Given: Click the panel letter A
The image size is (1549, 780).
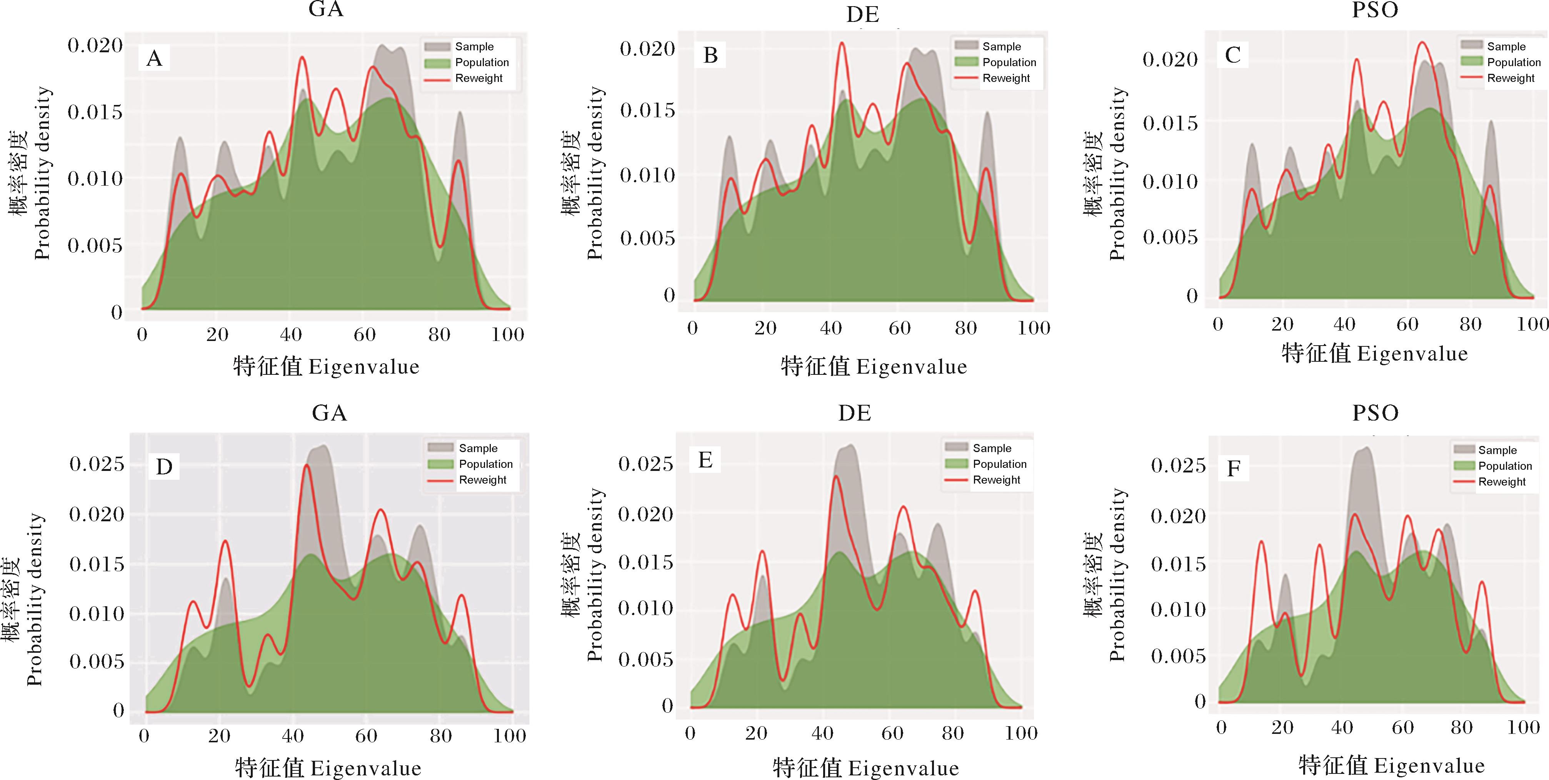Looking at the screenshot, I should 155,58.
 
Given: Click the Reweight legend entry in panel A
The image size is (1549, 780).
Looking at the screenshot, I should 479,78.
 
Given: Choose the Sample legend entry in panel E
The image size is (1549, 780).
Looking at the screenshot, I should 992,448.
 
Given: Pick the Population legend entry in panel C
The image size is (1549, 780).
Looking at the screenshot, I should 1514,62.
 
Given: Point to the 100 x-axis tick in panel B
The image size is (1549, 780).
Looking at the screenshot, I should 1034,328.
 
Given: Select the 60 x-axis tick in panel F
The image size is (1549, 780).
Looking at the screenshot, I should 1402,728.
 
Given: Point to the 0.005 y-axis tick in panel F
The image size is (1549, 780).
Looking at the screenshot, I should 1178,656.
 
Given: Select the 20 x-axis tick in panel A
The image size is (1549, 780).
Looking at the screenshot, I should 217,335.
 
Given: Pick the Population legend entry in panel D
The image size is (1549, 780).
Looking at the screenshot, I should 485,464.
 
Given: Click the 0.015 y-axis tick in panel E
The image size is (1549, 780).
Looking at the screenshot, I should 645,562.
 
